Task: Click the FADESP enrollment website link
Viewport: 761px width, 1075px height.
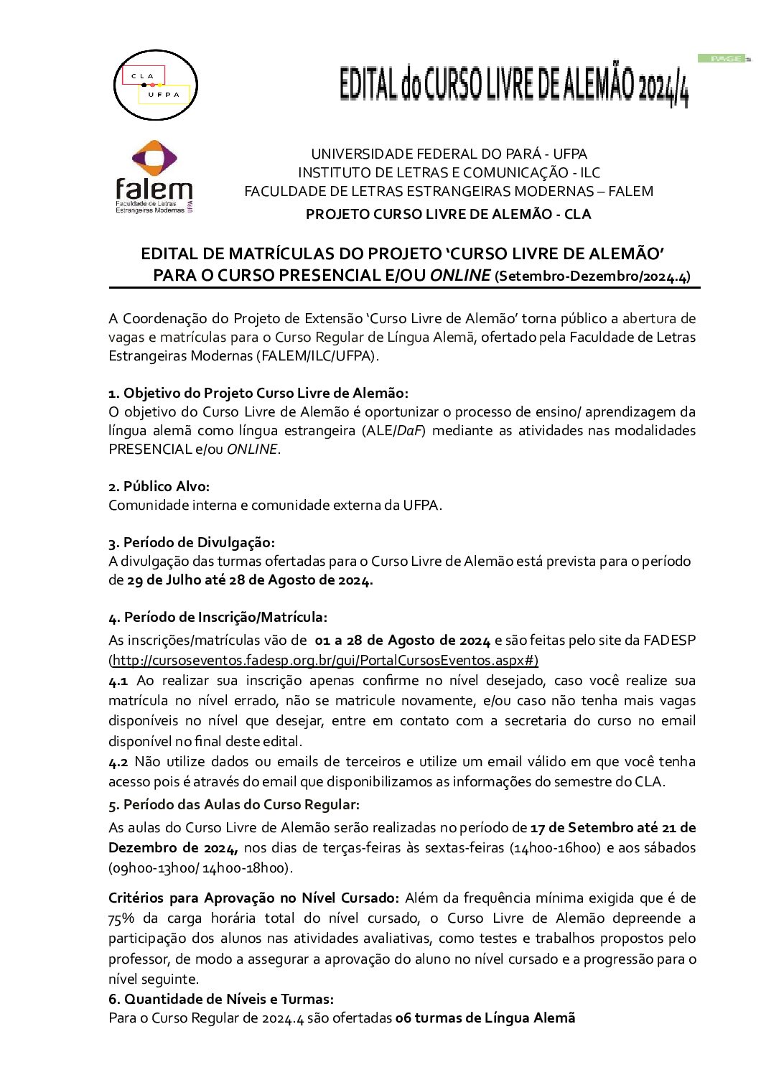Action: (x=324, y=660)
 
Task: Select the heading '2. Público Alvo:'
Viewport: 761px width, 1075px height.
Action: (x=159, y=486)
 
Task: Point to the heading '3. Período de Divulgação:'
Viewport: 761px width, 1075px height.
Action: (x=192, y=542)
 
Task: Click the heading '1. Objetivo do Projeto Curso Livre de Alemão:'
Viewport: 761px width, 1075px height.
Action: (x=258, y=393)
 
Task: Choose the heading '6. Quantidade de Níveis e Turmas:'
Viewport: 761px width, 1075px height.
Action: (x=221, y=999)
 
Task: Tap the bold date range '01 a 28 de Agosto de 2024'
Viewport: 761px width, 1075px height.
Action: (x=403, y=640)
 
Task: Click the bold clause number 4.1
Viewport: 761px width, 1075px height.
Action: (x=118, y=680)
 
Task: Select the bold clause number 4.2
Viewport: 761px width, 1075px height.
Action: (x=118, y=761)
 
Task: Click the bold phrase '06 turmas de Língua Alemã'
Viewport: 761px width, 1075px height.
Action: (x=485, y=1018)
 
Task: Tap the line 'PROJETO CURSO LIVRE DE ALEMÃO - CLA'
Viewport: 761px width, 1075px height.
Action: (x=448, y=214)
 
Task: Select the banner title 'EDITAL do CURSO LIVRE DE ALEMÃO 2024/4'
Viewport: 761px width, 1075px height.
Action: (x=514, y=85)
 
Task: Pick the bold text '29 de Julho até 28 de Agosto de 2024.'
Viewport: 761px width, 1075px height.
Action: (x=250, y=580)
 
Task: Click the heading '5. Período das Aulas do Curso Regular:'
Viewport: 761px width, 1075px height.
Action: (x=234, y=804)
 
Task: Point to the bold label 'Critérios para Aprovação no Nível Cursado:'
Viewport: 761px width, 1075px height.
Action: (x=253, y=898)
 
